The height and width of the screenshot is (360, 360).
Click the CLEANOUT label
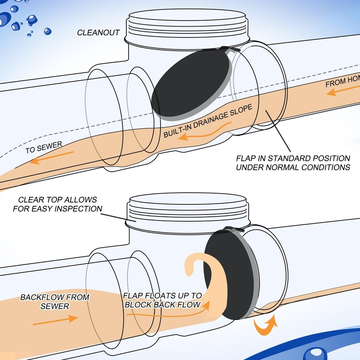coord(98,33)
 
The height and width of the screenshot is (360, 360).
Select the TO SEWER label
coord(43,147)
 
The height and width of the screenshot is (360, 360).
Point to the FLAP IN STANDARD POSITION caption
coord(293,163)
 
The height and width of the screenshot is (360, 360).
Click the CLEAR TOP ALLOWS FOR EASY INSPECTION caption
coord(57,204)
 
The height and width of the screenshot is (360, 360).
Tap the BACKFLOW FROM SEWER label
coord(55,301)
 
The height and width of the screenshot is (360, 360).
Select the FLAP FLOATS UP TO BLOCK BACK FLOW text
coord(162,300)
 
